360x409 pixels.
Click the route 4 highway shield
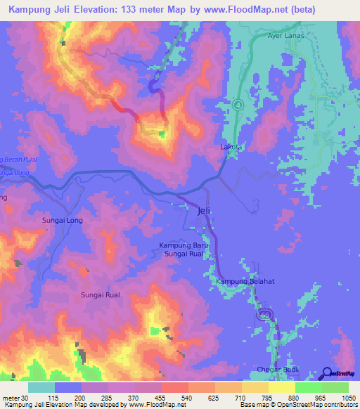point(238,105)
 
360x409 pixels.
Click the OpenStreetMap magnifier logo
point(327,373)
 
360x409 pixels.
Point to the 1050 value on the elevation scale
point(347,397)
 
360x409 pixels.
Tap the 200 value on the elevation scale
point(81,397)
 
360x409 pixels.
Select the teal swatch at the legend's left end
point(41,387)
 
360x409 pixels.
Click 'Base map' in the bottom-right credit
point(250,405)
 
